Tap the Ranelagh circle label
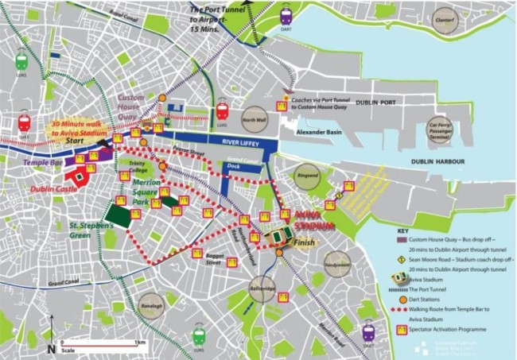coord(153,304)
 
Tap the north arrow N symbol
coord(51,348)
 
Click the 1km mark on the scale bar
coord(140,343)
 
